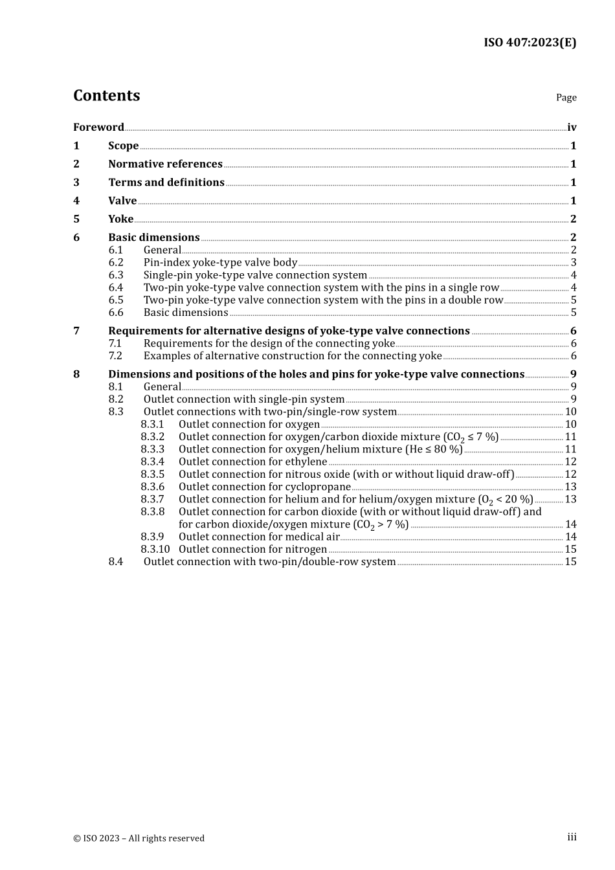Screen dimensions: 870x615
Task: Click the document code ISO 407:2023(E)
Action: (x=530, y=43)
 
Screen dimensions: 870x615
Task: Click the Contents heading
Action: (x=106, y=96)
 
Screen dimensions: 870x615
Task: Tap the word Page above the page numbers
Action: (x=566, y=98)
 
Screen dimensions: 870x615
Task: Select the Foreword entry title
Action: (x=98, y=128)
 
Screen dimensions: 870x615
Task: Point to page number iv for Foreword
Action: (x=572, y=128)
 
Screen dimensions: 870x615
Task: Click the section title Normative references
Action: (x=165, y=164)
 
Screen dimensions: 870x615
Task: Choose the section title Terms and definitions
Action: (x=166, y=183)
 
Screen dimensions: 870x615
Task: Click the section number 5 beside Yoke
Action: (x=76, y=219)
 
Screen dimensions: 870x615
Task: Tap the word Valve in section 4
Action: (x=122, y=201)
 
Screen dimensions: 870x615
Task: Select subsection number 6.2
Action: (x=116, y=263)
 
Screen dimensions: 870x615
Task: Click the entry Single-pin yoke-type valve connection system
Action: (x=255, y=275)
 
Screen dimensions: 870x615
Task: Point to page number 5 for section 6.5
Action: (x=574, y=300)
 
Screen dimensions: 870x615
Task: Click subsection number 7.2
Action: (x=115, y=356)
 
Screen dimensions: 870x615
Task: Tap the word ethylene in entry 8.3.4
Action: (x=306, y=462)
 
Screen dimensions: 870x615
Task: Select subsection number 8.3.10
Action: (x=155, y=550)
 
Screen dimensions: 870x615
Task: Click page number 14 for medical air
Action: (x=570, y=537)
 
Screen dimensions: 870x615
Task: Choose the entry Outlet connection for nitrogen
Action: (x=252, y=550)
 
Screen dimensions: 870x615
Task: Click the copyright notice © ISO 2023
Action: (x=139, y=838)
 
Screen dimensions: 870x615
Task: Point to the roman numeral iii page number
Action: (x=572, y=838)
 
